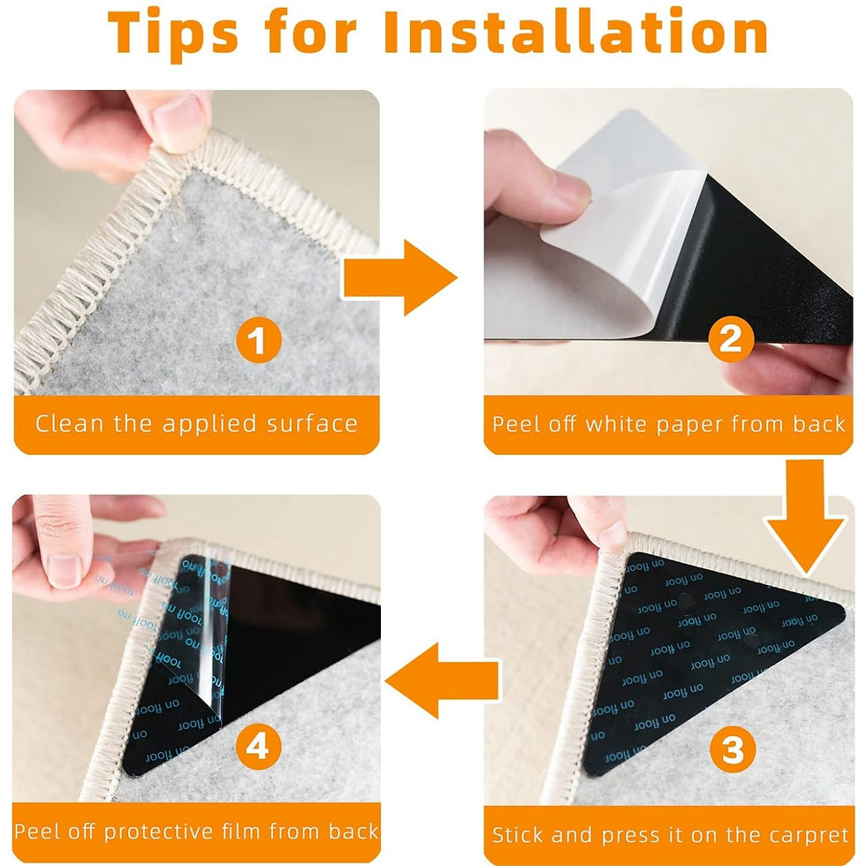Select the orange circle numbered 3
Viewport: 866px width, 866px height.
(733, 750)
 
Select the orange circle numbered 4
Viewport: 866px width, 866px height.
(256, 748)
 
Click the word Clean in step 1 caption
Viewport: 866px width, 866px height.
(72, 423)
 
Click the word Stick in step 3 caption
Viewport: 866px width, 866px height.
(520, 834)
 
